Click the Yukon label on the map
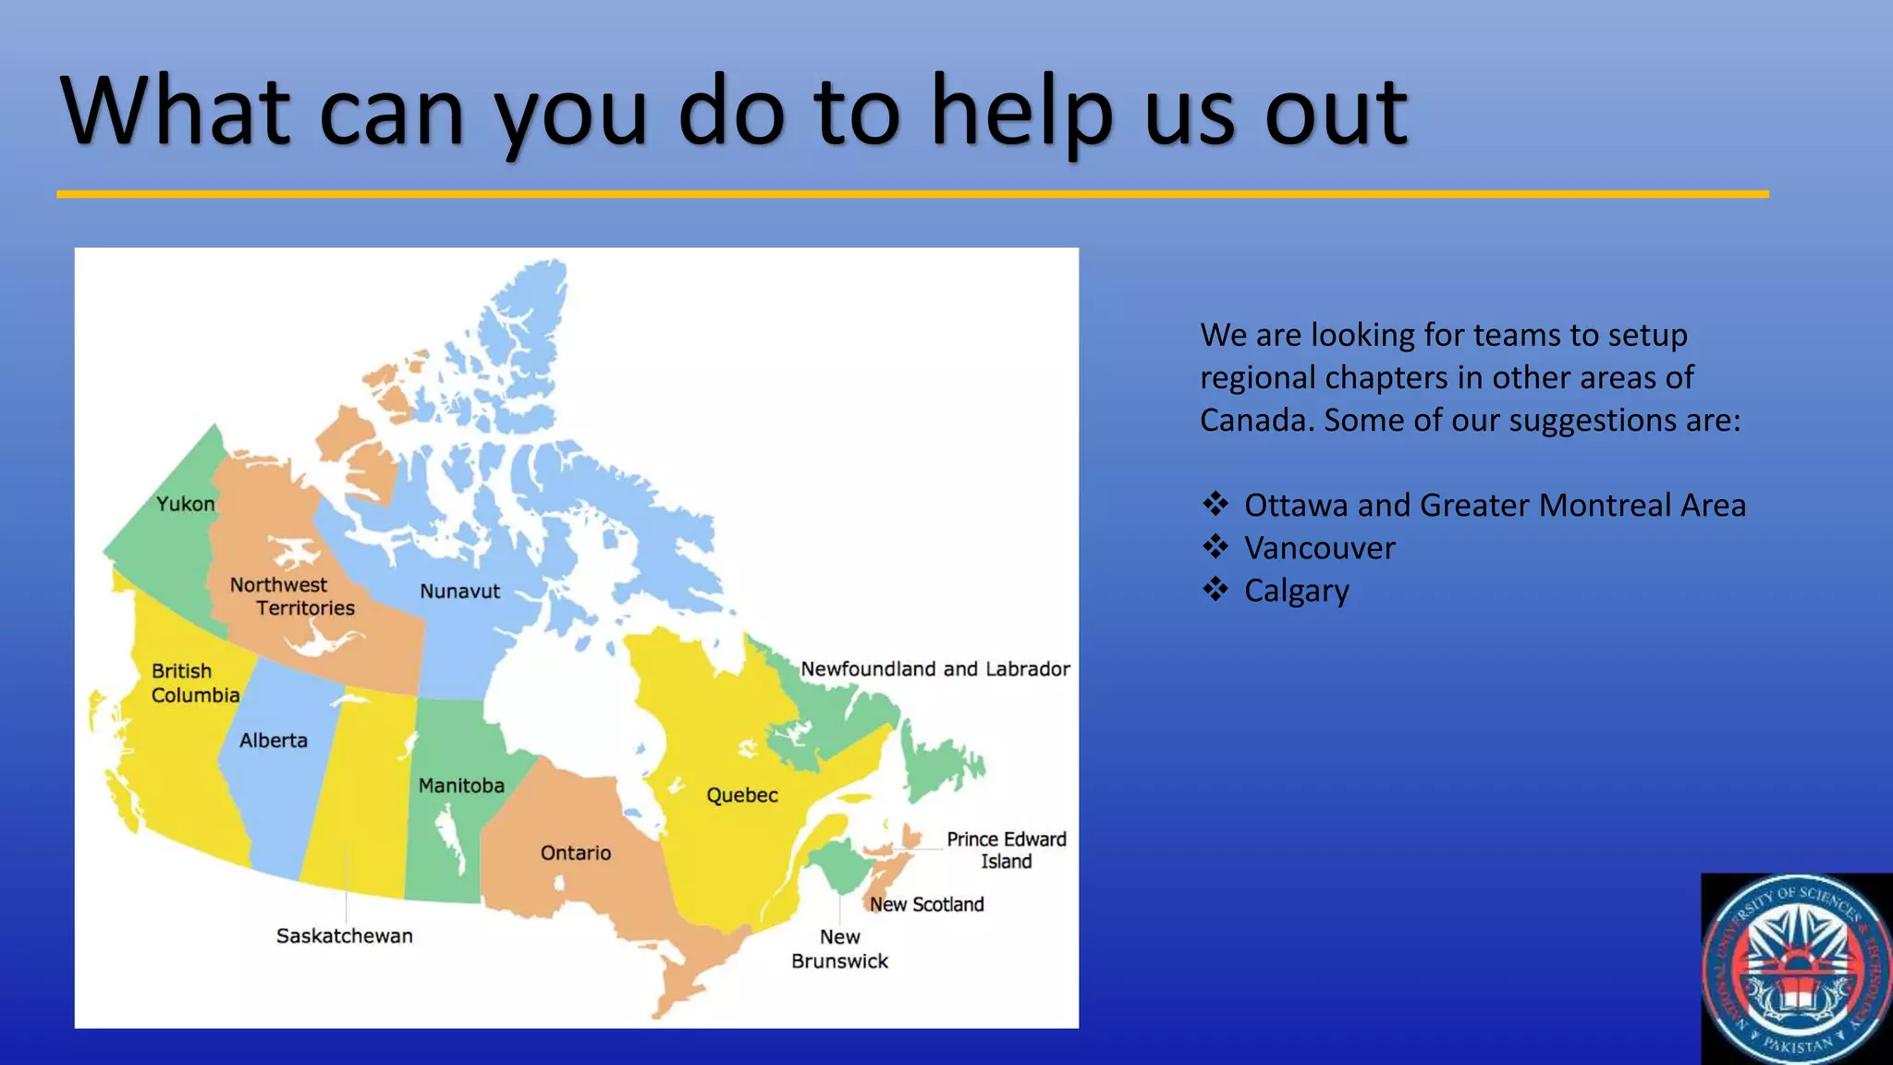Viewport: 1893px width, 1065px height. coord(185,504)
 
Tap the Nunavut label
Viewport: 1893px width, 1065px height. coord(459,592)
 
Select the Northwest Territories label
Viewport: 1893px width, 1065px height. coord(292,596)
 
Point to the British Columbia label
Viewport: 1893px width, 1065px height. coord(195,683)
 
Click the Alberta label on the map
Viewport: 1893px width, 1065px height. coord(273,741)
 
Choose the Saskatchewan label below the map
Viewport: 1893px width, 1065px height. coord(344,936)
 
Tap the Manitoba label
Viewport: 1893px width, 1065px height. coord(461,786)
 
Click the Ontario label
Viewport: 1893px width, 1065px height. coord(575,852)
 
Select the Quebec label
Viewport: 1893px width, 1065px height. coord(741,795)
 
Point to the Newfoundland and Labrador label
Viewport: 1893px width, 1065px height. coord(934,668)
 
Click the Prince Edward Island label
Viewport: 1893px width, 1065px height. coord(1006,850)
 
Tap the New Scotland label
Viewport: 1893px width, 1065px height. coord(926,904)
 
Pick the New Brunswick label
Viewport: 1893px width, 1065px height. coord(839,949)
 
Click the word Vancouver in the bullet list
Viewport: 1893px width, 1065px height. coord(1319,548)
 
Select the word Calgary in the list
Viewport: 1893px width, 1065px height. coord(1296,591)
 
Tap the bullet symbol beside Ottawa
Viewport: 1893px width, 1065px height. coord(1215,504)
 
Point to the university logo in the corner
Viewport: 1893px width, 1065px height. coord(1796,969)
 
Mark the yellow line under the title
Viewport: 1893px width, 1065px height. coord(912,194)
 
